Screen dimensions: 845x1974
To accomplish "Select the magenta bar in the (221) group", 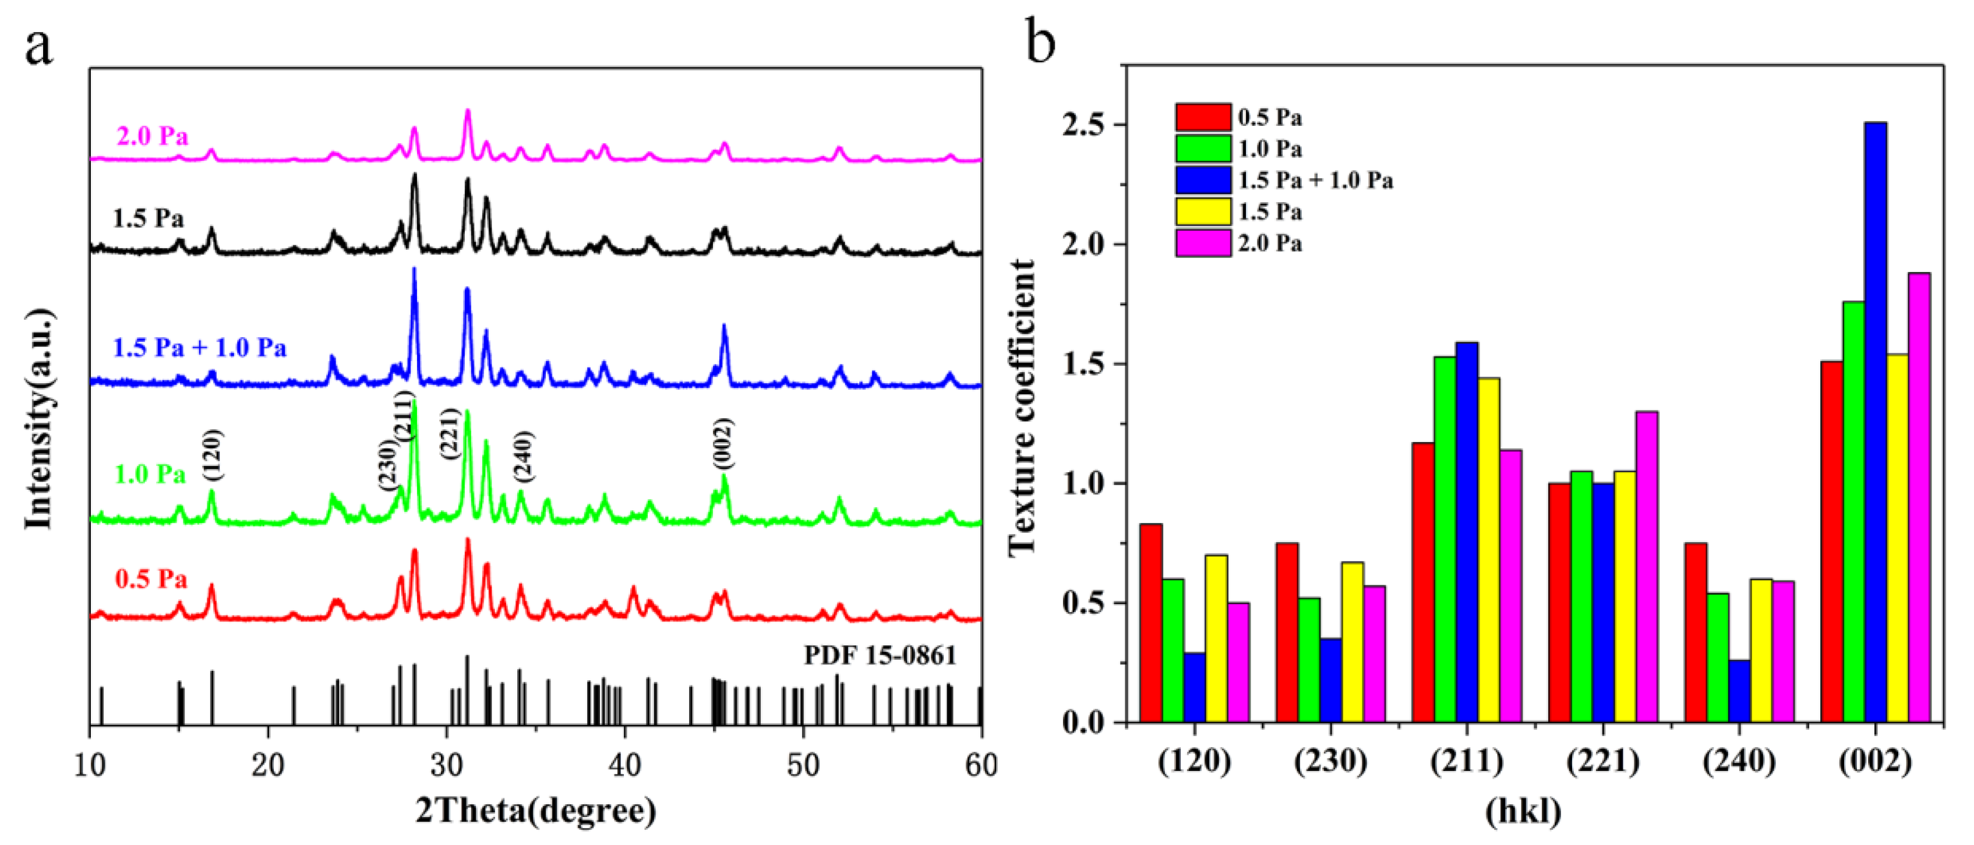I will (1647, 567).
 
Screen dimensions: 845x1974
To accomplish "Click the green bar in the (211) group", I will (1445, 539).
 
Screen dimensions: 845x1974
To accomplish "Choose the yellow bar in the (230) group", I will (1353, 642).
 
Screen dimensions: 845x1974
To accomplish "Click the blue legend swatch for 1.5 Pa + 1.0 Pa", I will (1203, 180).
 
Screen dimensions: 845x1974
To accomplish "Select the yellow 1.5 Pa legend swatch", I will (1203, 211).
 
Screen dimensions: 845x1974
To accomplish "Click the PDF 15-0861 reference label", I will (880, 655).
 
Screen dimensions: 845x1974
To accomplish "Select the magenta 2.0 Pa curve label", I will (151, 136).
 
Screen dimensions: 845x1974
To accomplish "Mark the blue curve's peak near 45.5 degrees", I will (724, 328).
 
